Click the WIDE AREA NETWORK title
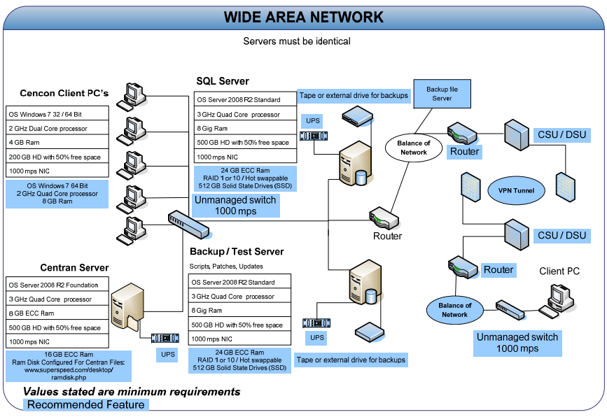[x=303, y=17]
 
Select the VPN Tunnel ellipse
[x=516, y=190]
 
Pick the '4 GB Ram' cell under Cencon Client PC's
[x=57, y=143]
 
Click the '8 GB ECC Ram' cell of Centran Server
[x=57, y=313]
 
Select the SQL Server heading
[x=223, y=82]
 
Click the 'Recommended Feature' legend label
[x=86, y=404]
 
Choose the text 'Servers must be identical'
[x=297, y=41]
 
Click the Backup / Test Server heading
[x=237, y=251]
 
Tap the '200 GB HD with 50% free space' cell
[x=57, y=157]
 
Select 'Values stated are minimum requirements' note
[x=132, y=391]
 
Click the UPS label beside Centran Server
[x=168, y=354]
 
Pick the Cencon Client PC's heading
[x=64, y=93]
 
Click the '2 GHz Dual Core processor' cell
[x=57, y=129]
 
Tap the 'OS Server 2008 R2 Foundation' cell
[x=57, y=285]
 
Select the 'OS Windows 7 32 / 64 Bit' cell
[x=57, y=114]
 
